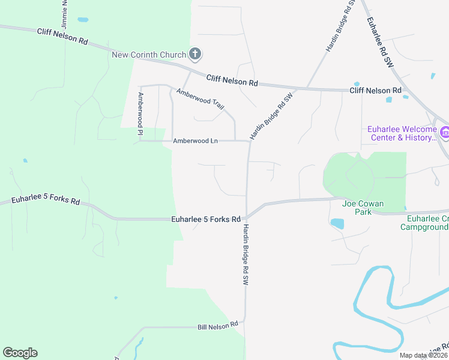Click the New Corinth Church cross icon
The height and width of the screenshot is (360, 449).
[194, 55]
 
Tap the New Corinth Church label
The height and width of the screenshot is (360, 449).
[149, 55]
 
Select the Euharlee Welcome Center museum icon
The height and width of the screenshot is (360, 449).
[444, 133]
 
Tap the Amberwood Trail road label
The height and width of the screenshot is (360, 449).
[200, 99]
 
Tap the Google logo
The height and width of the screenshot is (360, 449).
[20, 353]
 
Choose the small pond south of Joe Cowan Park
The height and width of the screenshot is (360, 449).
[337, 224]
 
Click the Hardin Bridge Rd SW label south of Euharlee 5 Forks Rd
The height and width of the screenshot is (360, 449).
[245, 255]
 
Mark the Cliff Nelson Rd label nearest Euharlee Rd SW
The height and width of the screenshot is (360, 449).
[375, 90]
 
